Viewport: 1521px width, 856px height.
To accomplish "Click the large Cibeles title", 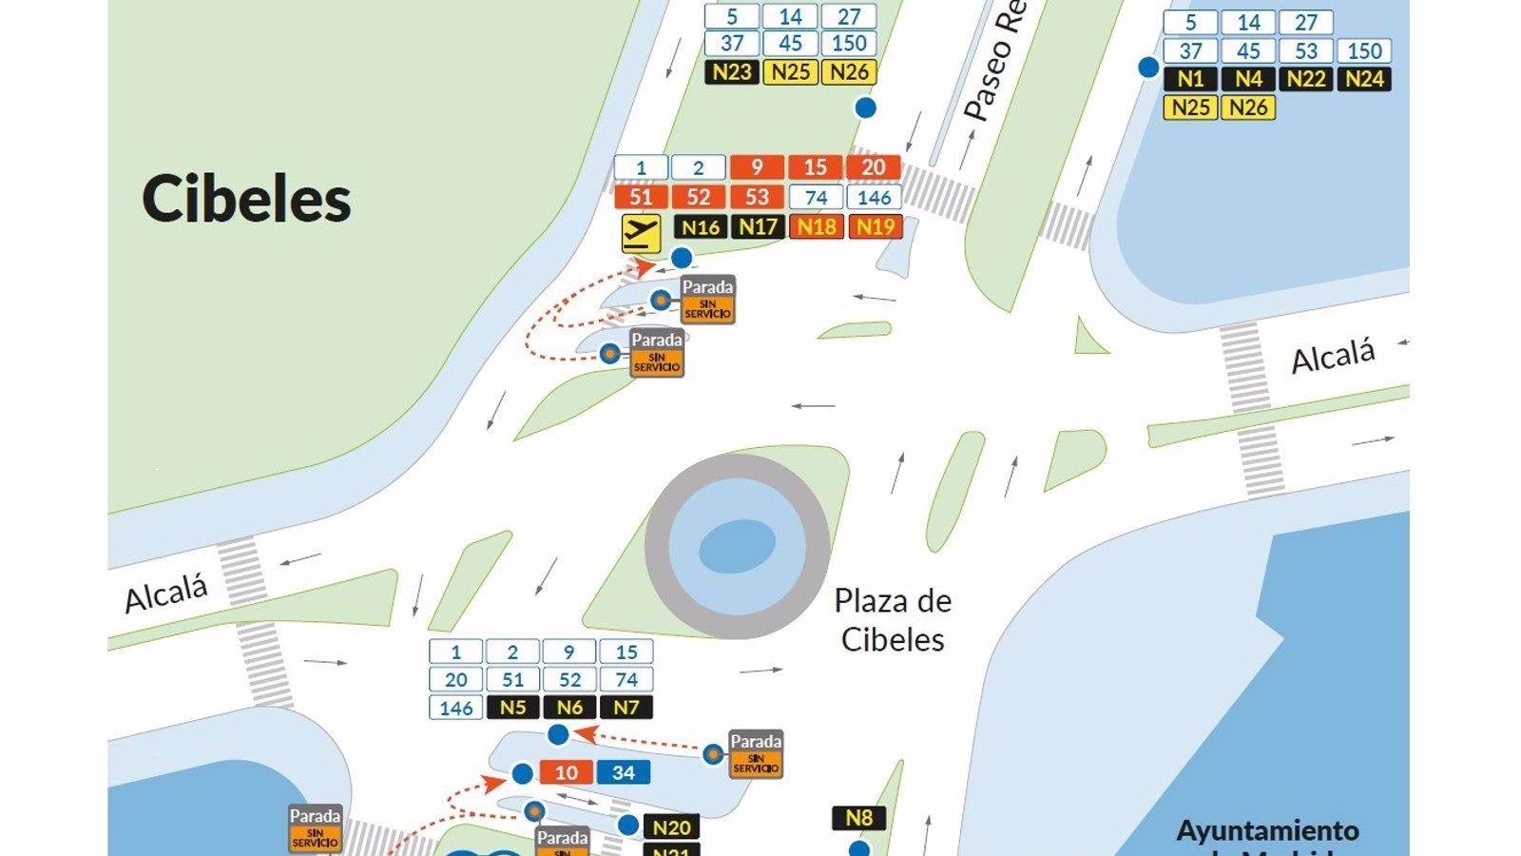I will (x=246, y=199).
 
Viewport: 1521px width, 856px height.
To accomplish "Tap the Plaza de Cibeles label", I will (x=893, y=619).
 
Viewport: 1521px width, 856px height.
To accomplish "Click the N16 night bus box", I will (x=700, y=226).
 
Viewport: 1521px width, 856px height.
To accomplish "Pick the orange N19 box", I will (x=875, y=226).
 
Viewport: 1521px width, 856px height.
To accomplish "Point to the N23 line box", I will (x=732, y=71).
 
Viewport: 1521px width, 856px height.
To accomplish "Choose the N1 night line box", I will (x=1190, y=79).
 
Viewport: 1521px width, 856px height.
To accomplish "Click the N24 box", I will (x=1364, y=79).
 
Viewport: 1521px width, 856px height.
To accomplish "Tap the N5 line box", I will (x=512, y=708).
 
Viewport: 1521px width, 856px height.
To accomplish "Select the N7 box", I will (x=626, y=708).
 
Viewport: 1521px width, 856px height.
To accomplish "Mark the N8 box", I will (x=858, y=818).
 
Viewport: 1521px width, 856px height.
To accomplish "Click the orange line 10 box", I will (x=567, y=772).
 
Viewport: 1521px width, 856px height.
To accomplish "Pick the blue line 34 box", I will (x=624, y=772).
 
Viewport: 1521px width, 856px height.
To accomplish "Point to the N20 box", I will (x=672, y=827).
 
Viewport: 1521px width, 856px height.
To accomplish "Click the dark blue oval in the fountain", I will (x=737, y=547).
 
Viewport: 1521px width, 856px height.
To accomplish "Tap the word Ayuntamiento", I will (x=1267, y=830).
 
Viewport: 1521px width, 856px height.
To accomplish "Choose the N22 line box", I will (x=1306, y=79).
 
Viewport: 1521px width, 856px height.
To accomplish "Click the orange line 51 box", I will (x=641, y=197).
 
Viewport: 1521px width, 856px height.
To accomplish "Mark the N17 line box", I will (x=758, y=226).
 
